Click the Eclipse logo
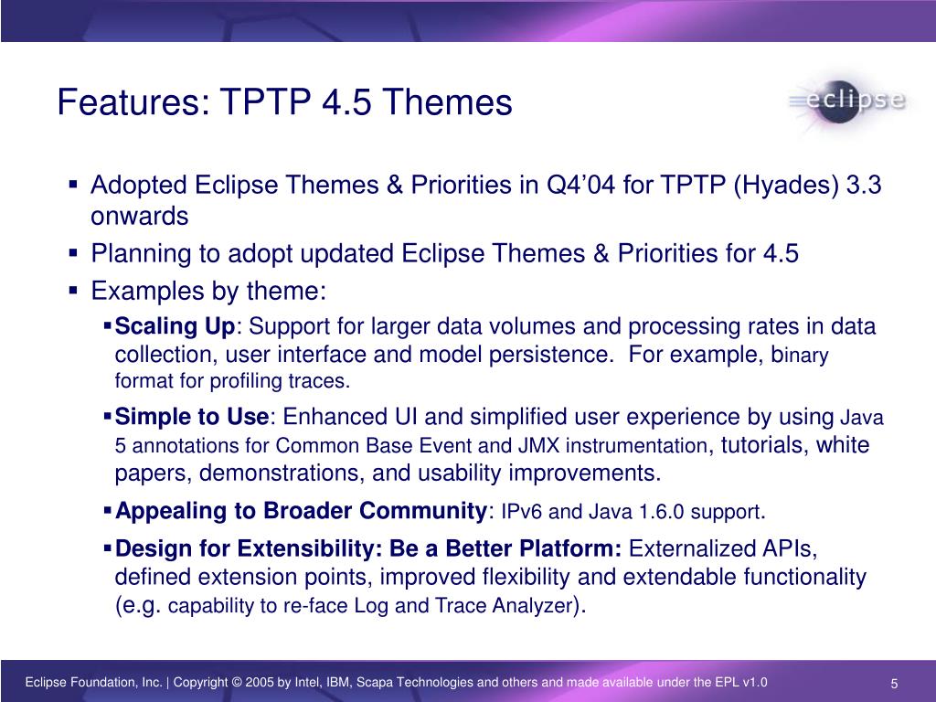point(847,101)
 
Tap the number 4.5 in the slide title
point(346,102)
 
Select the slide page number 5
point(894,684)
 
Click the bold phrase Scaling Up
point(175,327)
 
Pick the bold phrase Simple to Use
point(192,417)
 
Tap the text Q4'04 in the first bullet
point(580,185)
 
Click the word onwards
point(140,217)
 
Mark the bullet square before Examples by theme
point(73,291)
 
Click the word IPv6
point(521,512)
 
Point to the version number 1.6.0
point(662,512)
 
